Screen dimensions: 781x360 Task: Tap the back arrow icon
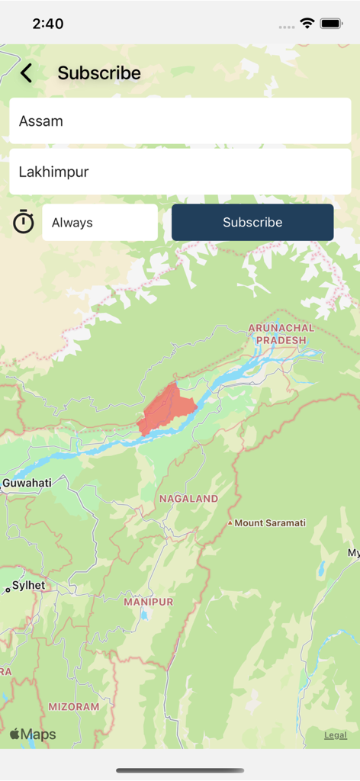click(x=27, y=73)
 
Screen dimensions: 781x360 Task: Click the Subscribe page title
click(x=99, y=73)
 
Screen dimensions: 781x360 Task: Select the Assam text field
click(x=180, y=121)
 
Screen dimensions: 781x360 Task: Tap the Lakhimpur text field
click(x=180, y=172)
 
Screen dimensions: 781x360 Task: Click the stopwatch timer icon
click(x=24, y=222)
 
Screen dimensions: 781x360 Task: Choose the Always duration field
click(x=100, y=223)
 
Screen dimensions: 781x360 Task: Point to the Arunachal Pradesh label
click(x=281, y=334)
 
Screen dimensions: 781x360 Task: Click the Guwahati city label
click(x=27, y=483)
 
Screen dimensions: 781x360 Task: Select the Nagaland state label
click(x=188, y=499)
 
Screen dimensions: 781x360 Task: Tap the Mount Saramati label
click(x=270, y=523)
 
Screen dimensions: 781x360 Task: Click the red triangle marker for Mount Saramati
click(x=230, y=523)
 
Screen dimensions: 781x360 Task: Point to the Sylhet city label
click(x=28, y=586)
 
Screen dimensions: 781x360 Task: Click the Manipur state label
click(x=149, y=602)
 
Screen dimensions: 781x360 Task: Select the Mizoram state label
click(x=74, y=707)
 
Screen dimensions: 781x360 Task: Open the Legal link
click(x=336, y=735)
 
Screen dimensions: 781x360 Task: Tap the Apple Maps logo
click(x=33, y=734)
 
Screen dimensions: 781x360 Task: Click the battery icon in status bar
click(x=331, y=24)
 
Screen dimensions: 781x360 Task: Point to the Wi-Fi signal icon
click(x=307, y=24)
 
